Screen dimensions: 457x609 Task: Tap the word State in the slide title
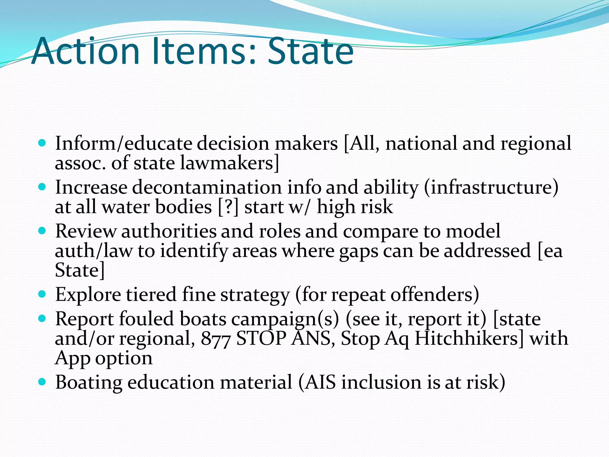click(x=310, y=51)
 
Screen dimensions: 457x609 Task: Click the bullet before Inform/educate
click(x=43, y=143)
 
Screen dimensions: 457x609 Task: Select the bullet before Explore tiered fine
click(x=43, y=294)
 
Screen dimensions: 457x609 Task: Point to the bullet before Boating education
click(x=43, y=382)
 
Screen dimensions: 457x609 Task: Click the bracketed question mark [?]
click(x=228, y=207)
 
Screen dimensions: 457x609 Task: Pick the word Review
click(x=86, y=231)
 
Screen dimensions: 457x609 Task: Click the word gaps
click(x=359, y=251)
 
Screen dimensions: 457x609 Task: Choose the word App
click(x=73, y=358)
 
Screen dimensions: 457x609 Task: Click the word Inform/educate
click(x=124, y=144)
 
